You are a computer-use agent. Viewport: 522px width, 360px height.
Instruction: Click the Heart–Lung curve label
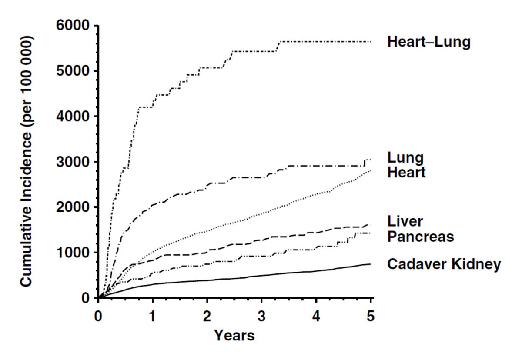point(428,42)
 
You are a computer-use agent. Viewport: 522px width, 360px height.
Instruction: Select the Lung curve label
point(405,158)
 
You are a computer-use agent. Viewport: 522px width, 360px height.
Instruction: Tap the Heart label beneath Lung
point(406,173)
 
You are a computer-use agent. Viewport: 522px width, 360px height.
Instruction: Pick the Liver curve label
point(405,221)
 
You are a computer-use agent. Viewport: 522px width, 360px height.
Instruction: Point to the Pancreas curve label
point(420,237)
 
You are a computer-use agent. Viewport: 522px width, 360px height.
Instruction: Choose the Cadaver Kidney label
point(444,264)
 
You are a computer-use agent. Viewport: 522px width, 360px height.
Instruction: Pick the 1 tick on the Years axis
point(153,315)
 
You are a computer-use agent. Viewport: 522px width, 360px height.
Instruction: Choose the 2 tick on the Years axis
point(207,315)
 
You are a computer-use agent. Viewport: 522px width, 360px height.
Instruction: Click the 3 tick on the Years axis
point(262,315)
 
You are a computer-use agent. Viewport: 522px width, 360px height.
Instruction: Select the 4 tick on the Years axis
point(316,315)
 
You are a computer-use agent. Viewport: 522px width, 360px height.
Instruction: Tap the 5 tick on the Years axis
point(371,315)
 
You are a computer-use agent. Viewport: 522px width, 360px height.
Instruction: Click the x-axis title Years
point(234,335)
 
